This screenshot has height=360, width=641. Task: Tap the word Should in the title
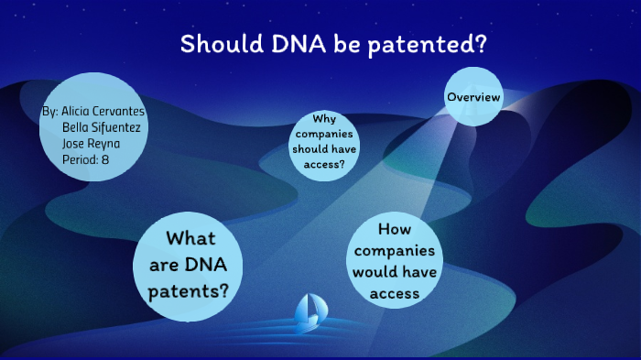tap(212, 44)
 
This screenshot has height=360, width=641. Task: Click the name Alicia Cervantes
tap(103, 112)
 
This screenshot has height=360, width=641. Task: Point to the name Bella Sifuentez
tap(103, 127)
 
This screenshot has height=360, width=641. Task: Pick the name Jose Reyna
tap(91, 144)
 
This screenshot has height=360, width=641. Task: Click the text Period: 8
tap(86, 159)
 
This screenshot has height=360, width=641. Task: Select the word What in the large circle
tap(190, 240)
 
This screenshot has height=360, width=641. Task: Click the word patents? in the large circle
tap(188, 291)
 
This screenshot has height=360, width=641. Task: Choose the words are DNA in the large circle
tap(187, 266)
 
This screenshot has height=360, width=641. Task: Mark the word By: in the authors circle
tap(50, 112)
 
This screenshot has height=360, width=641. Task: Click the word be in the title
tap(324, 44)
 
